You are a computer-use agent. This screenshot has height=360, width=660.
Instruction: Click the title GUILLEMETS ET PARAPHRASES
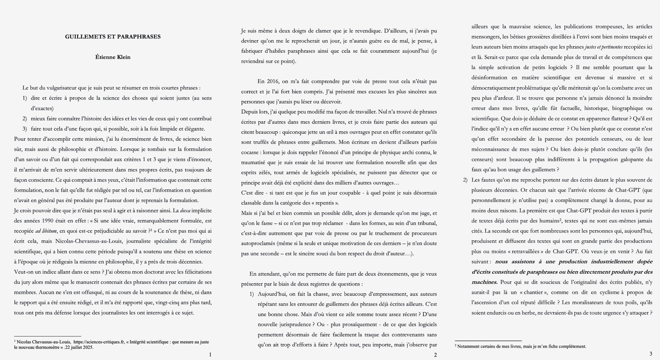click(x=113, y=37)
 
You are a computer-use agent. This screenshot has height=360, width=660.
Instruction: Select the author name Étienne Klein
click(x=113, y=57)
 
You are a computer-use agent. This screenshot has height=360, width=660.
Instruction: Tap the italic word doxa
click(x=185, y=211)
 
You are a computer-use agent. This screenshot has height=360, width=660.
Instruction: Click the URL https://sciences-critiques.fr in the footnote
click(x=99, y=342)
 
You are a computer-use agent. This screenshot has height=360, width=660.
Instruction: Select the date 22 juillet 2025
click(x=79, y=347)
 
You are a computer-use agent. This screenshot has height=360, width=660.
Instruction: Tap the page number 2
click(x=435, y=355)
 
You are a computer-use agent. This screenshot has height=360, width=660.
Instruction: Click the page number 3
click(x=651, y=354)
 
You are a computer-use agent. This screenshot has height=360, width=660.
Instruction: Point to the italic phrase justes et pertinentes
click(x=603, y=47)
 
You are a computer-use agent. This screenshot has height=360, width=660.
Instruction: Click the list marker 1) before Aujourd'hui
click(x=252, y=294)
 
